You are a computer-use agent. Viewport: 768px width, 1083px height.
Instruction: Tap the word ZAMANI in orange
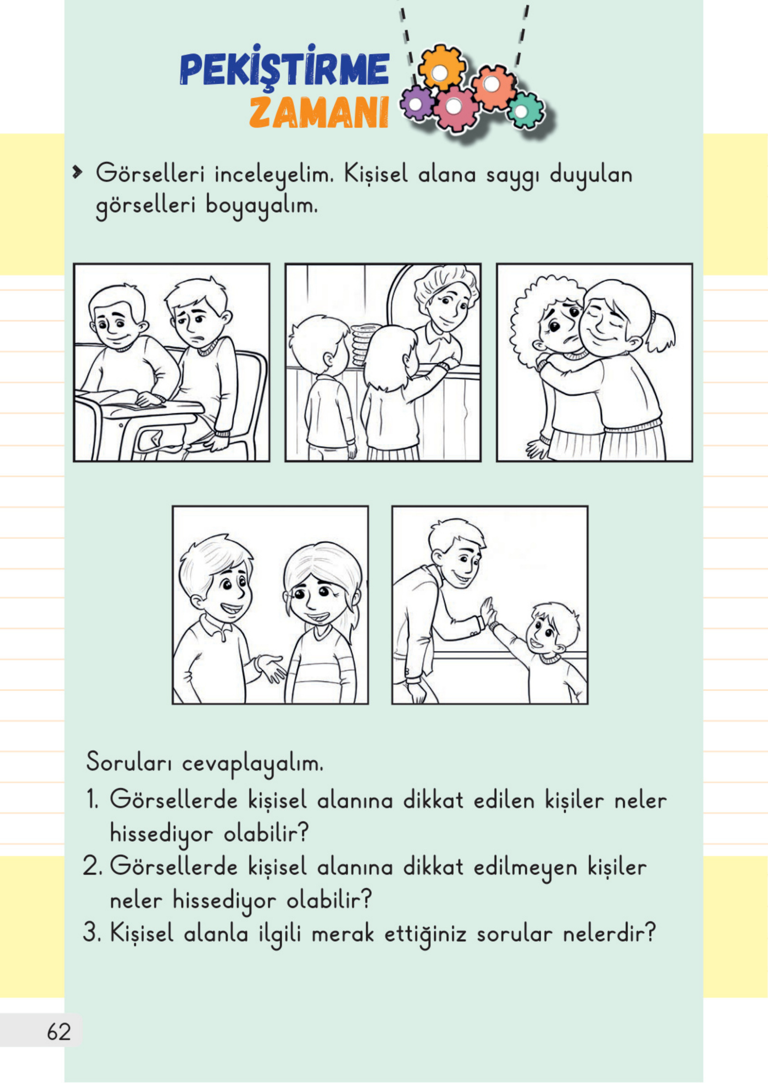[x=319, y=112]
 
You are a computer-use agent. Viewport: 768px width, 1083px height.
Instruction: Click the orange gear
[x=440, y=68]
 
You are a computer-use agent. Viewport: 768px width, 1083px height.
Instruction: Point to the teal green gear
[x=524, y=111]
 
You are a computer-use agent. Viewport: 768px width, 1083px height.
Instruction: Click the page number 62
[x=59, y=1032]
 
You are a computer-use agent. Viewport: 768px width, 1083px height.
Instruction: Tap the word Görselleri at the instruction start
[x=150, y=175]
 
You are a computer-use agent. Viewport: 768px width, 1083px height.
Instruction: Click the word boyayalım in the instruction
[x=261, y=206]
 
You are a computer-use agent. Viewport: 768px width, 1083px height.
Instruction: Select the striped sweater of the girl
[x=322, y=671]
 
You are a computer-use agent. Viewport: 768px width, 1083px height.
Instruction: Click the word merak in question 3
[x=343, y=934]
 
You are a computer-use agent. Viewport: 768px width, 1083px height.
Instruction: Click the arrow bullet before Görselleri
[x=76, y=173]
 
